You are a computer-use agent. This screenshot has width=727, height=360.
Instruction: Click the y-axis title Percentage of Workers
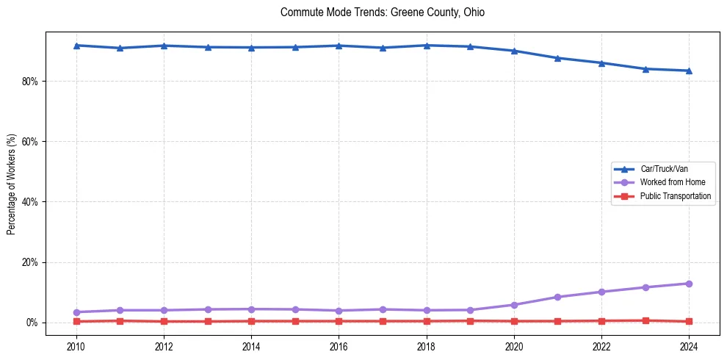pyautogui.click(x=11, y=184)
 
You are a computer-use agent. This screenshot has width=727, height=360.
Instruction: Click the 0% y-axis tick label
pyautogui.click(x=32, y=323)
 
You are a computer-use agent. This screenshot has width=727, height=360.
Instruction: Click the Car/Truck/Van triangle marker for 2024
pyautogui.click(x=689, y=71)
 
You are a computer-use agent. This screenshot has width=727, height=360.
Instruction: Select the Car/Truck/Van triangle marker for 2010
pyautogui.click(x=76, y=46)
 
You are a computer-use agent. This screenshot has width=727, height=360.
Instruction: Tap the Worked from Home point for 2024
pyautogui.click(x=689, y=284)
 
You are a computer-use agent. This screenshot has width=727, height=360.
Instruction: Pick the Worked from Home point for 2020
pyautogui.click(x=514, y=305)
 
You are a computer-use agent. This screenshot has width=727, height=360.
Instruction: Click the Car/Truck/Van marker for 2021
pyautogui.click(x=557, y=58)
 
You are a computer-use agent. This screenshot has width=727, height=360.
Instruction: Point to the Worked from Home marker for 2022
pyautogui.click(x=601, y=292)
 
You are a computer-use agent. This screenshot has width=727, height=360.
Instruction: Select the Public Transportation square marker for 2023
pyautogui.click(x=645, y=320)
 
